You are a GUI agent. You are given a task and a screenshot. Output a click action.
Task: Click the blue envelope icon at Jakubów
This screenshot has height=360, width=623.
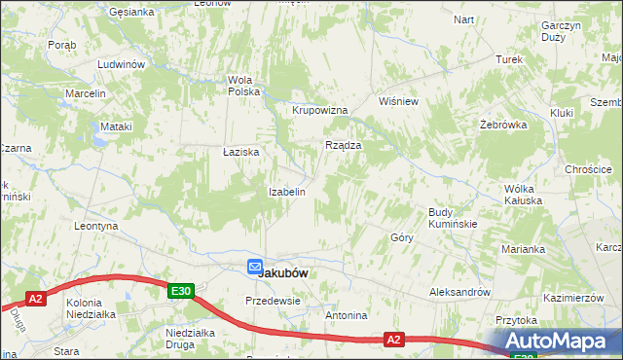point(254,267)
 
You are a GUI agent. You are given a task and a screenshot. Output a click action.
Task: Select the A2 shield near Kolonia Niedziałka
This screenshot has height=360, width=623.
point(35,299)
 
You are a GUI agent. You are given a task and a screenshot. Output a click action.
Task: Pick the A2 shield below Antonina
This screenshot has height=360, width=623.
point(393,340)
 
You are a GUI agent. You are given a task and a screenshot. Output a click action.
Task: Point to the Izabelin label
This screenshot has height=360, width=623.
point(287,192)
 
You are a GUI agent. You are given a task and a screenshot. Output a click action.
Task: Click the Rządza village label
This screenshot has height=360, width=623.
point(343,145)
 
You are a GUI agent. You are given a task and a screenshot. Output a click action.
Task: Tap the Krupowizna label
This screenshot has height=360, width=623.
point(320,110)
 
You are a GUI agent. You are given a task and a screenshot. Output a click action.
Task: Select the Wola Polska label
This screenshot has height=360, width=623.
point(243,86)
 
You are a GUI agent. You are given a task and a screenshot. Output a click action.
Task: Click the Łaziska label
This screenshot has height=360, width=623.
point(240,153)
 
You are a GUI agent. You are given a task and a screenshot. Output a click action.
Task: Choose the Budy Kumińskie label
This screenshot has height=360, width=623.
point(452,218)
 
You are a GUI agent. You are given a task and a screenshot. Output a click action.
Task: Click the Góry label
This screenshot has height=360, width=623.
point(402,236)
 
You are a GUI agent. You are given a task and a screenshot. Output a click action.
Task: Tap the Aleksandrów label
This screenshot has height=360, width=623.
point(460,292)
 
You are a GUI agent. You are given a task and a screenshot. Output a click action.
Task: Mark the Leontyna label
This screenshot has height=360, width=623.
point(96,226)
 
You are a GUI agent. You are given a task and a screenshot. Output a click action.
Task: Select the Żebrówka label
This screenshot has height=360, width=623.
point(503,125)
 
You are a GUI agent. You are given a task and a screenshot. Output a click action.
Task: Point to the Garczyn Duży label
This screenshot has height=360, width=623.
point(560,30)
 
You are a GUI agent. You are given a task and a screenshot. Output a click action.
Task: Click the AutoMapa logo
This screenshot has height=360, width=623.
point(561,342)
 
